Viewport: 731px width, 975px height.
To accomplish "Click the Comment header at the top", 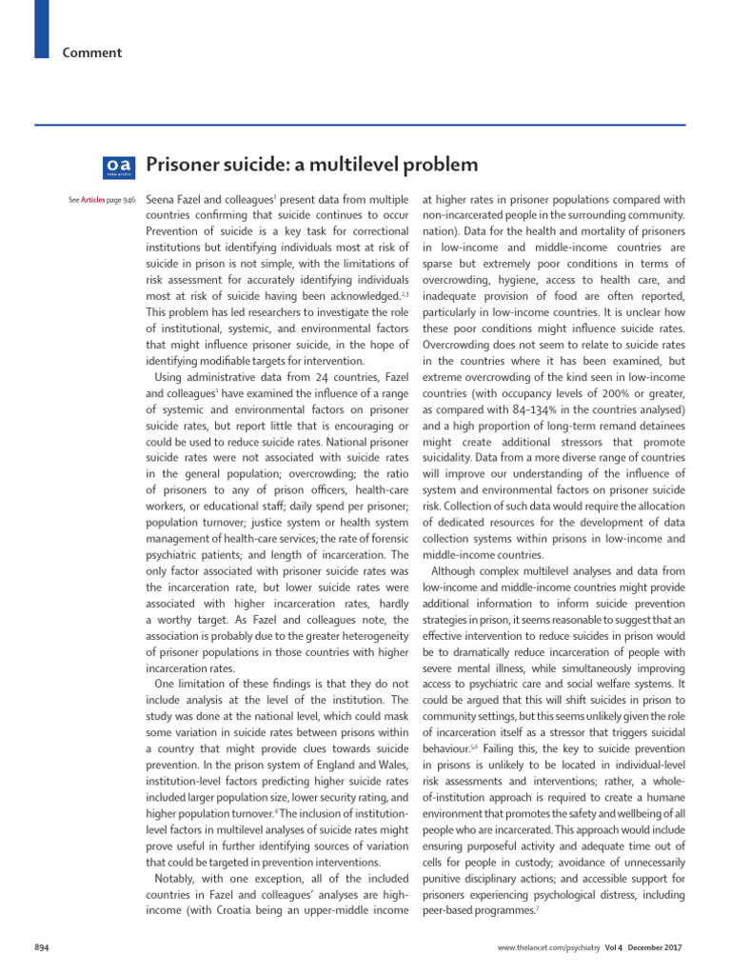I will pos(92,52).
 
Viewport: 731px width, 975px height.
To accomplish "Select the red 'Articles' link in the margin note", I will pos(92,200).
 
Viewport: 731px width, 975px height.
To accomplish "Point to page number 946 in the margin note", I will pos(128,200).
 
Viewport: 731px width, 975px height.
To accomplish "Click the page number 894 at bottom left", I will pos(43,948).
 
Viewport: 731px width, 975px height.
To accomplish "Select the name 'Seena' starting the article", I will pos(163,200).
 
